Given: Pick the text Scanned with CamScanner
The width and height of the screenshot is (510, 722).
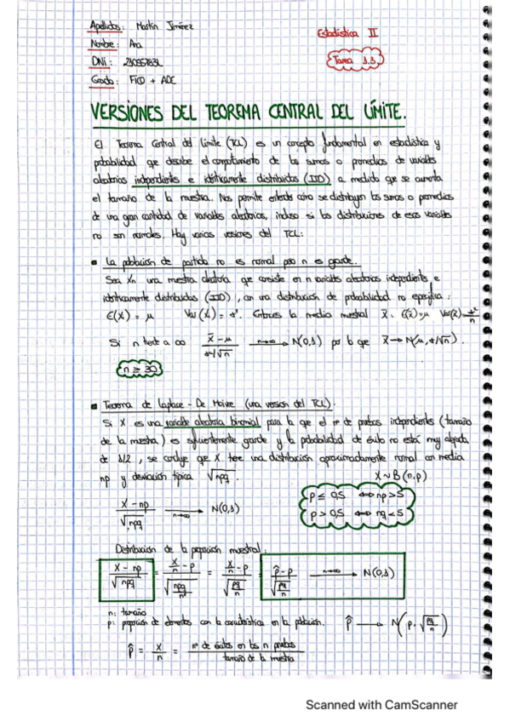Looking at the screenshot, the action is tap(381, 705).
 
